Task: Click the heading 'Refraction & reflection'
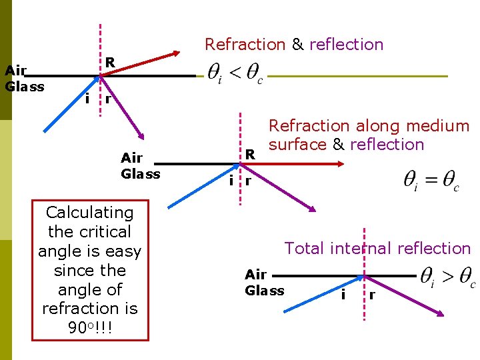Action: pos(294,45)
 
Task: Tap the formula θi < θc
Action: pos(235,75)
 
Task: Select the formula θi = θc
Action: pos(431,180)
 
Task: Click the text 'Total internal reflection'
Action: pos(377,249)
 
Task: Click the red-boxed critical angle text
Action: pos(90,261)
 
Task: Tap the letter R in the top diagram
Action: pos(111,62)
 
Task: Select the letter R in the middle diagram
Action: pos(250,154)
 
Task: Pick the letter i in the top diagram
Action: pos(87,99)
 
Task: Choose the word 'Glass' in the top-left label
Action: pos(25,87)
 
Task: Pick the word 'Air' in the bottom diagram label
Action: pos(255,275)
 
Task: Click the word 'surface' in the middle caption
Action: pos(297,145)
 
